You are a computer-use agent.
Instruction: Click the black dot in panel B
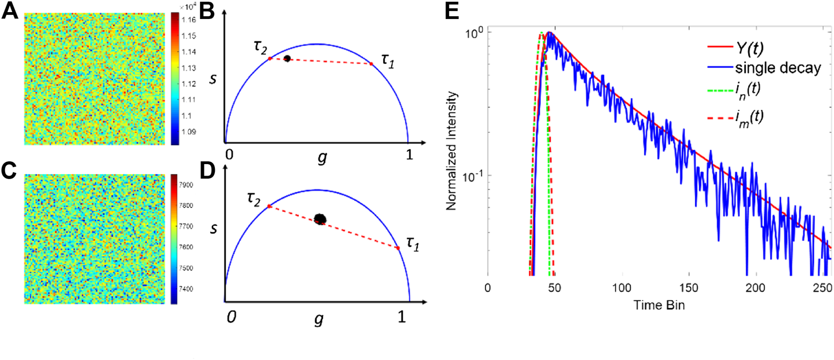[x=287, y=59]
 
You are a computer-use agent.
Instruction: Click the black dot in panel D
[x=320, y=219]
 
